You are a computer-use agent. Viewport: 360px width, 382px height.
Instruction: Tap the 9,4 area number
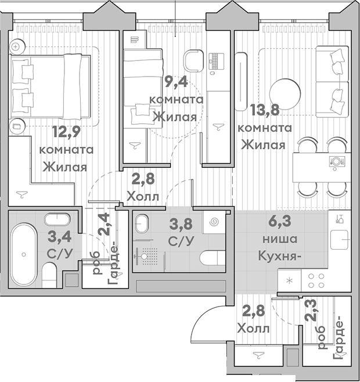[176, 81]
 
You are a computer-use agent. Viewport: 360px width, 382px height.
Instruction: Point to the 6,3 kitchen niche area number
[280, 221]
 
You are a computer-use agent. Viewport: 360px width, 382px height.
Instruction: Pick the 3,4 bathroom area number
[60, 236]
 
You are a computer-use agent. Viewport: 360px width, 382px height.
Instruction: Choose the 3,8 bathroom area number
[181, 224]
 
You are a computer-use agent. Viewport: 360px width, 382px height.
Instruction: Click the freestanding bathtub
[24, 255]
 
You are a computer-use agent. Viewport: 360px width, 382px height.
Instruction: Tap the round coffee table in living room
[285, 94]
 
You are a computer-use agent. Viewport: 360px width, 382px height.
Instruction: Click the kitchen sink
[339, 240]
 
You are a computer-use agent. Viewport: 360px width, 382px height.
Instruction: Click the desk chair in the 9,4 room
[193, 61]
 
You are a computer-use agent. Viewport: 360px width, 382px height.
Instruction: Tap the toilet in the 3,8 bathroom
[213, 258]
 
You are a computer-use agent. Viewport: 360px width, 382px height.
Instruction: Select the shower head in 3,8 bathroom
[145, 256]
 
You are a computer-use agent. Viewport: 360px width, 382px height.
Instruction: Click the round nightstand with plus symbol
[17, 46]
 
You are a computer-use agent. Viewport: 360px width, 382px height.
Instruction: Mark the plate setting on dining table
[337, 161]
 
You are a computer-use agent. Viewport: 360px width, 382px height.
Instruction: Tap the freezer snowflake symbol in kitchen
[290, 280]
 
